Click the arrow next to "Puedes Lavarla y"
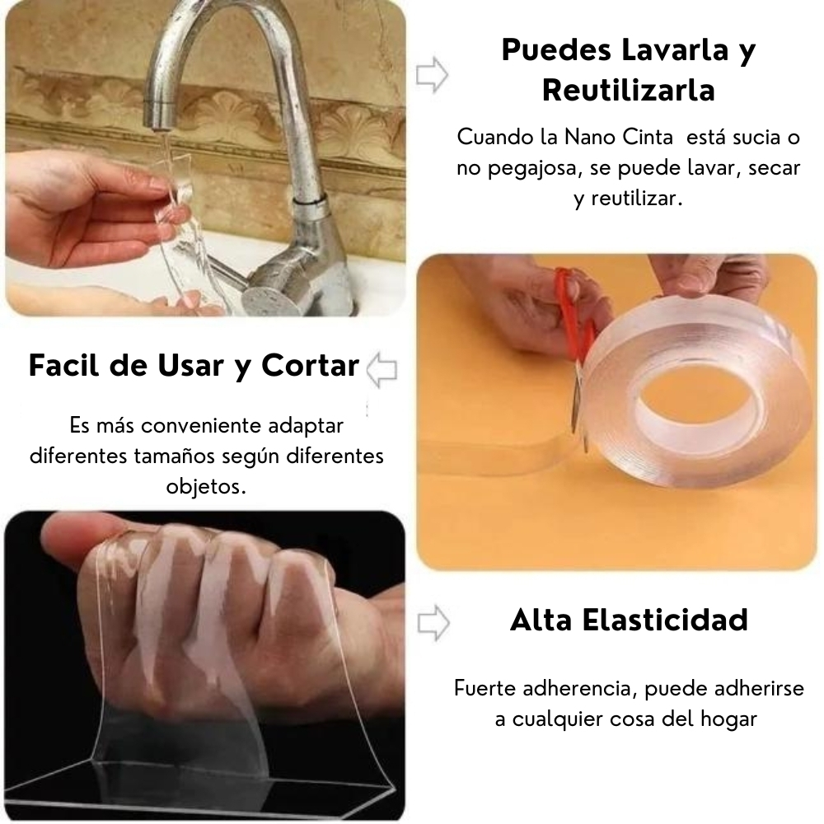coord(432,75)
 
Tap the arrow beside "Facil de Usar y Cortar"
coord(382,371)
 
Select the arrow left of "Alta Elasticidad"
coord(433,623)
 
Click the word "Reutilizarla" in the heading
coord(629,90)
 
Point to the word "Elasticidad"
coord(665,620)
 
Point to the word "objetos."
coord(206,487)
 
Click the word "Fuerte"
coord(485,688)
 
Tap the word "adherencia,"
coord(581,688)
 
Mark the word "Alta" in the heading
coord(541,620)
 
